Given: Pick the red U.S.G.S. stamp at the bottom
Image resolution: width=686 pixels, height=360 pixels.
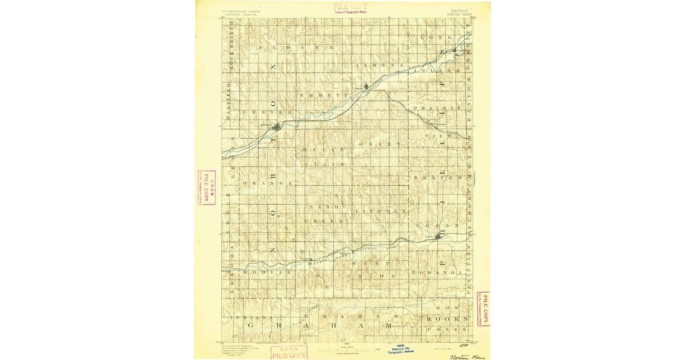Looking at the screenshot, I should click(289, 352).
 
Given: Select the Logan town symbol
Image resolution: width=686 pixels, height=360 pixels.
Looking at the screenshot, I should click(439, 236).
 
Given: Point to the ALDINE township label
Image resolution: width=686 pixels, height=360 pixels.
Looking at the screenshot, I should click(295, 49).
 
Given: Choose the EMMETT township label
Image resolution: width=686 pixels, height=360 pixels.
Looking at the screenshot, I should click(329, 94).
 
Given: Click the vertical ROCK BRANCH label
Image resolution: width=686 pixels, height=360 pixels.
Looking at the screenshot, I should click(233, 48).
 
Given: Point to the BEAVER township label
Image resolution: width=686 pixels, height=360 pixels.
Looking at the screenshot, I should click(437, 178).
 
